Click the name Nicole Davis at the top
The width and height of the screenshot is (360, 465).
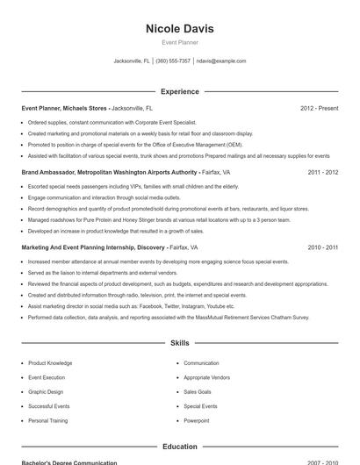pyautogui.click(x=179, y=29)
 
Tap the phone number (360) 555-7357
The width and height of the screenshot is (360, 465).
pyautogui.click(x=174, y=61)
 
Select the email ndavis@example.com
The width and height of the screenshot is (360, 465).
pyautogui.click(x=221, y=61)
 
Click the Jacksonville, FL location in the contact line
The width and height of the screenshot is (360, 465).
pyautogui.click(x=132, y=61)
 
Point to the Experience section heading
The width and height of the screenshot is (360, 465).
pyautogui.click(x=179, y=91)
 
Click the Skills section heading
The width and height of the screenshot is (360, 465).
pyautogui.click(x=179, y=344)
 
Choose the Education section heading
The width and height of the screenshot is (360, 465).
pyautogui.click(x=179, y=447)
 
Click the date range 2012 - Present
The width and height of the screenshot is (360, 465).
pyautogui.click(x=319, y=108)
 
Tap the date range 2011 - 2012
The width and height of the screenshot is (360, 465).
pyautogui.click(x=322, y=173)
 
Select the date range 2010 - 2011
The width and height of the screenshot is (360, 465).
pyautogui.click(x=322, y=247)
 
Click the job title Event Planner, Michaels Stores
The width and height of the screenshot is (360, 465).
pyautogui.click(x=64, y=108)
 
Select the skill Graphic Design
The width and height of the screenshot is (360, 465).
pyautogui.click(x=46, y=391)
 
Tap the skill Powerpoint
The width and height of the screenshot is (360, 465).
pyautogui.click(x=197, y=420)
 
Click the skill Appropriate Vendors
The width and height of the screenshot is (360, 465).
pyautogui.click(x=206, y=376)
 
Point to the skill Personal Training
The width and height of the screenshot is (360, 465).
pyautogui.click(x=47, y=420)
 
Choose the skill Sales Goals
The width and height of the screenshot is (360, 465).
pyautogui.click(x=198, y=391)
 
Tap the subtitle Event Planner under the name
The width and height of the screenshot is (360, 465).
pyautogui.click(x=179, y=42)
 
